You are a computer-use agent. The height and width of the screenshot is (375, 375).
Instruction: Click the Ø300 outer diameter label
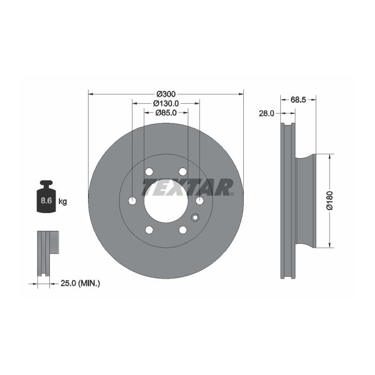(x=166, y=93)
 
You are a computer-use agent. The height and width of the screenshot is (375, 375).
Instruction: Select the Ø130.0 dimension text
(x=166, y=103)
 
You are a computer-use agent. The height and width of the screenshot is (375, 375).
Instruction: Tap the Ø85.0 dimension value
(x=166, y=113)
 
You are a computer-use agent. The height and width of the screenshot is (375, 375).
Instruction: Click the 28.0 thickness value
(x=266, y=113)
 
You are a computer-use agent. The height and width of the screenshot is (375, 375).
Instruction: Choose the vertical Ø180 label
(x=330, y=201)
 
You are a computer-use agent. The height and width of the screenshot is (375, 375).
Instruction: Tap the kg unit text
(x=62, y=201)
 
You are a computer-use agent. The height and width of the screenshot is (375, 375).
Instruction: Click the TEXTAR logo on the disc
(x=187, y=187)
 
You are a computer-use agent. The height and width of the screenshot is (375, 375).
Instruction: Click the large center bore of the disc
(x=166, y=201)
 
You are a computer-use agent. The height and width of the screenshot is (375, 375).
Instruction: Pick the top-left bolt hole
(x=149, y=172)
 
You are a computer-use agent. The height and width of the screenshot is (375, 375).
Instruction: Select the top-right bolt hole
(x=183, y=172)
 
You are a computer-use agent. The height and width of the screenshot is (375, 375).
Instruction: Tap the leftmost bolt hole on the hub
(x=132, y=201)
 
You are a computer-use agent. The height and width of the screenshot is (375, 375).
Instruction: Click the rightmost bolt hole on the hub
(x=200, y=201)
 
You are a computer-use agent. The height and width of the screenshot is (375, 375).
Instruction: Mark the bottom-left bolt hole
(x=149, y=230)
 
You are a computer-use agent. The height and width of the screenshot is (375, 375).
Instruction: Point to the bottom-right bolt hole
(x=183, y=230)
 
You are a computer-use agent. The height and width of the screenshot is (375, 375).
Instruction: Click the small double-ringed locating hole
(x=195, y=217)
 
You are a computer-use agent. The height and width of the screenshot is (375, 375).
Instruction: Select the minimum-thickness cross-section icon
(x=48, y=252)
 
